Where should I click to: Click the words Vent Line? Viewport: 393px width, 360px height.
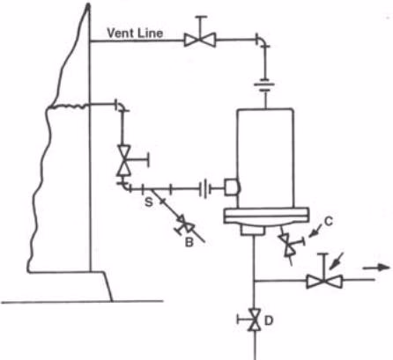tap(135, 33)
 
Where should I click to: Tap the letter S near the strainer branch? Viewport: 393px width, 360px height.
tap(149, 202)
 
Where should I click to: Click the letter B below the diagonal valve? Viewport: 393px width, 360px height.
tap(189, 242)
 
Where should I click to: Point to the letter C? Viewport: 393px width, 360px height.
tap(329, 221)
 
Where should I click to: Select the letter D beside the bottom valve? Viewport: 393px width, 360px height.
tap(269, 320)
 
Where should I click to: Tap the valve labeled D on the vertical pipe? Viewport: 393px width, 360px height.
tap(252, 320)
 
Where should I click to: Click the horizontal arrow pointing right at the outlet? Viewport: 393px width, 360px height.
tap(377, 268)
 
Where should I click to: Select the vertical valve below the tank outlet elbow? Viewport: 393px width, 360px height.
tap(124, 161)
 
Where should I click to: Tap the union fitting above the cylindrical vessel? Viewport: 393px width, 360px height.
tap(265, 85)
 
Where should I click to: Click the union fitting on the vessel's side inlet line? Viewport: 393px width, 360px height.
tap(205, 188)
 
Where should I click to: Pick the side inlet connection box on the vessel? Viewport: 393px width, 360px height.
tap(232, 187)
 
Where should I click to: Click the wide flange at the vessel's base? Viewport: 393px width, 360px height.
tap(266, 216)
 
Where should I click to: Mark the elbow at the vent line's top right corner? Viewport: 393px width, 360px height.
tap(263, 41)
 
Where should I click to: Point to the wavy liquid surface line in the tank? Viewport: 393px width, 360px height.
tap(68, 107)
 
